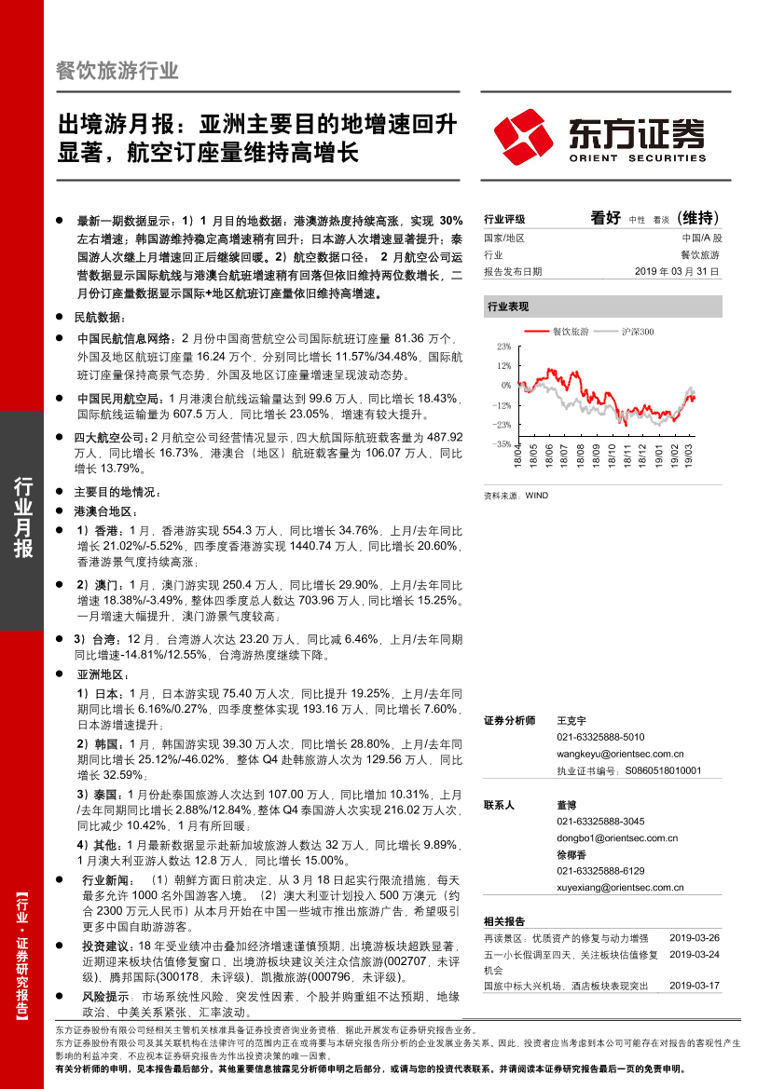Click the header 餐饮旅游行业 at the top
click(x=117, y=71)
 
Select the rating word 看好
click(x=605, y=218)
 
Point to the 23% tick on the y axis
click(x=503, y=346)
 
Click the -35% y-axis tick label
click(x=502, y=444)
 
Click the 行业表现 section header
click(x=508, y=306)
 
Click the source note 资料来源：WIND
click(x=516, y=496)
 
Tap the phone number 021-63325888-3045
click(x=600, y=821)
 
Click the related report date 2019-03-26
click(x=695, y=936)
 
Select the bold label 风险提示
click(x=103, y=996)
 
